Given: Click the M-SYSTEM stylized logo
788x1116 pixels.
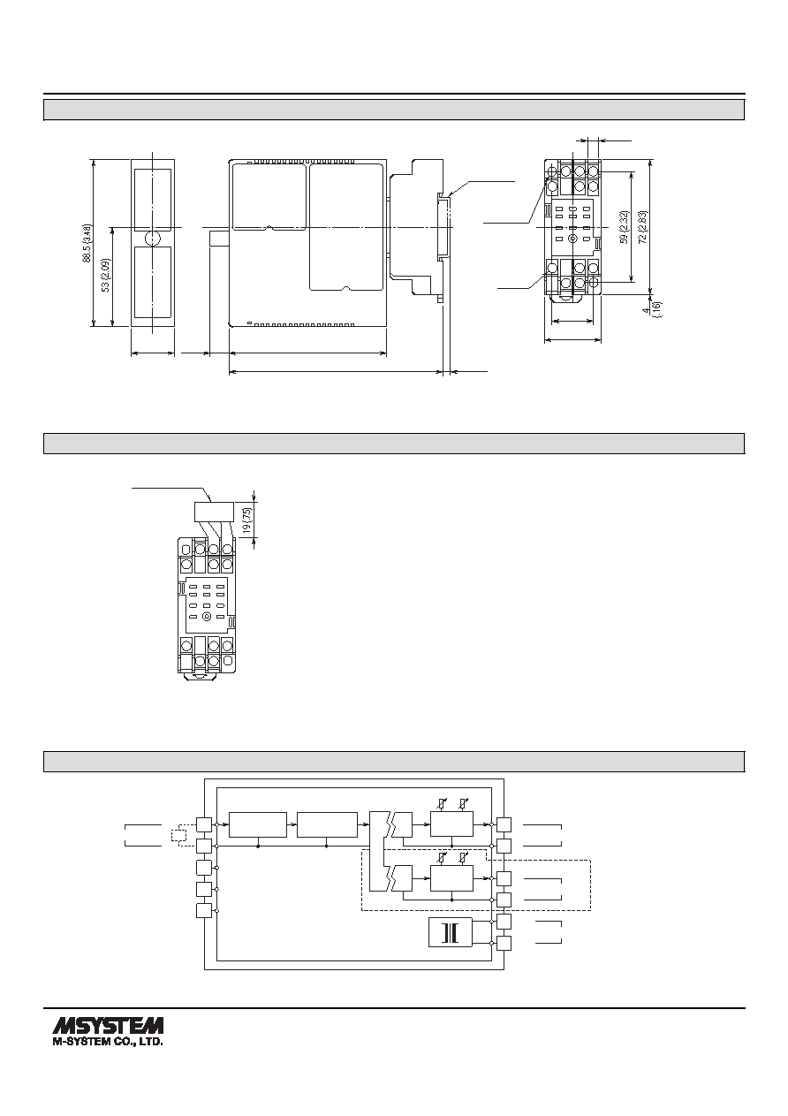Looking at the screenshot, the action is click(x=108, y=1026).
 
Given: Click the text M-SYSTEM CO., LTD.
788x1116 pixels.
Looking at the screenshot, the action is click(x=108, y=1042).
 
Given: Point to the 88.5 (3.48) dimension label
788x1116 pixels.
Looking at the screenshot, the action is click(x=87, y=243).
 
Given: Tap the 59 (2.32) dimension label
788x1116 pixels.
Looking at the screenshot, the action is click(x=624, y=227).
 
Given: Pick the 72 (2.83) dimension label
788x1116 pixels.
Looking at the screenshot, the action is click(x=642, y=227).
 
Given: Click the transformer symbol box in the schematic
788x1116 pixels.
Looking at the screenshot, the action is click(x=450, y=932).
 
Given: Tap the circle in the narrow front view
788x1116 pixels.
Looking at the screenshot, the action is click(x=153, y=239).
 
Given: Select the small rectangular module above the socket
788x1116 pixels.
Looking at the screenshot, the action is click(x=214, y=511).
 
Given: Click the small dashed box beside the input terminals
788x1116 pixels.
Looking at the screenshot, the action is click(x=178, y=835).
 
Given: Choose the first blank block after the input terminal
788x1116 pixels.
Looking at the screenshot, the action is click(x=258, y=825).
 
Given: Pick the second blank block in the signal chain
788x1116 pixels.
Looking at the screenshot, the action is click(x=327, y=825).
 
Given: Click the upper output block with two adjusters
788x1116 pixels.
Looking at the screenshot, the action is click(x=451, y=824).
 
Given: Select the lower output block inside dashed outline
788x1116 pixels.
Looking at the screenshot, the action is click(x=451, y=877).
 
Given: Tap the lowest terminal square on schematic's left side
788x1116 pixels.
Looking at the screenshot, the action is click(x=204, y=910).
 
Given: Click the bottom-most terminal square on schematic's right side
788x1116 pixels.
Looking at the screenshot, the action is click(x=504, y=943).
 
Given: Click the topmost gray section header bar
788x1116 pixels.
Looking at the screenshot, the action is click(x=394, y=110).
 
